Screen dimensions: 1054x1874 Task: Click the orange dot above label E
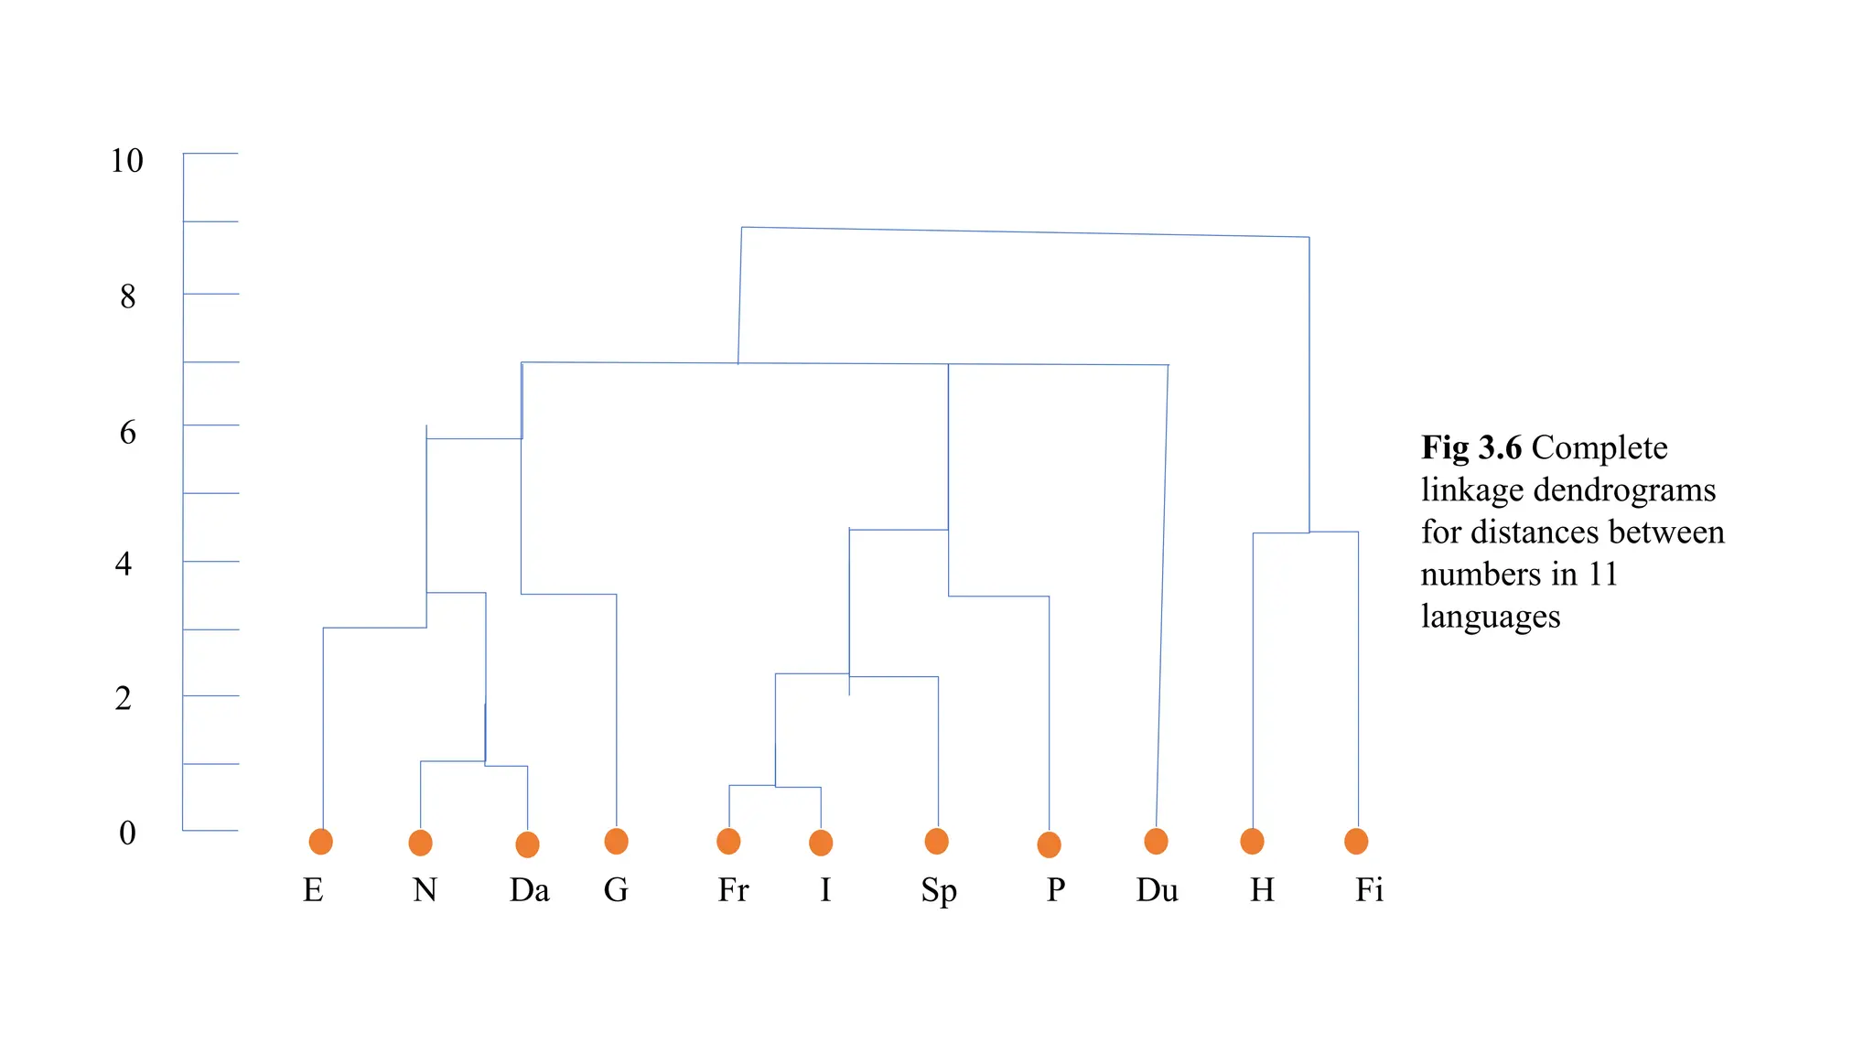click(320, 841)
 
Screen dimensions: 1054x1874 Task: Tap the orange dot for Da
click(527, 844)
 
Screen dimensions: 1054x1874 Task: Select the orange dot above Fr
click(728, 841)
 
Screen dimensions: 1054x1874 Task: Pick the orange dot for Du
click(1156, 841)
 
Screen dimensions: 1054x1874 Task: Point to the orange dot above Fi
click(1356, 841)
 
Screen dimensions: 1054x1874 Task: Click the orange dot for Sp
click(936, 841)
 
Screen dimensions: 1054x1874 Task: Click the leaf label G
click(616, 889)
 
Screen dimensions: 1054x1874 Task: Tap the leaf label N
click(425, 889)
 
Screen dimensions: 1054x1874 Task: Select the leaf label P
click(1056, 889)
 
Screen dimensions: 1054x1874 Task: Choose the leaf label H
click(1262, 889)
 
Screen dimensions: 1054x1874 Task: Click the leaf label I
click(825, 889)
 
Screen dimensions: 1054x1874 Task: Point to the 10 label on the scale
click(126, 161)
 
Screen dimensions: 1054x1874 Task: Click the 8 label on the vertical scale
click(127, 296)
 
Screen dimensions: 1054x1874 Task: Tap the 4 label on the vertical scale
click(124, 564)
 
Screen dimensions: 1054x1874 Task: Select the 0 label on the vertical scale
click(127, 833)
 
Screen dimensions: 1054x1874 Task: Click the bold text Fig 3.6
click(1470, 447)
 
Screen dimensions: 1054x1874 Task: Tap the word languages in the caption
click(1490, 616)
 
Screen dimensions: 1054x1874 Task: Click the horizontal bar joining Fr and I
click(774, 786)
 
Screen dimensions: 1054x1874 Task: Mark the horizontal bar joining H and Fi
click(1306, 532)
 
